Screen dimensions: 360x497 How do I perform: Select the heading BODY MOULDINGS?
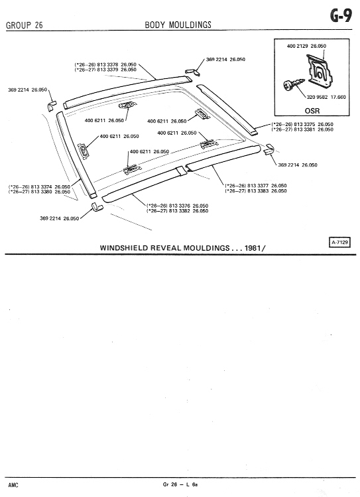[x=178, y=25]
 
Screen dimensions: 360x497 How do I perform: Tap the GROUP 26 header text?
[x=25, y=25]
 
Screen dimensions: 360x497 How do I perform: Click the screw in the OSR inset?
[x=294, y=85]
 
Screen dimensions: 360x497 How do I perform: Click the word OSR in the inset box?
[x=312, y=111]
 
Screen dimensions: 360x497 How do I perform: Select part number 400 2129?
[x=298, y=46]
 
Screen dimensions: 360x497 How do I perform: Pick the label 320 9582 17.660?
[x=326, y=97]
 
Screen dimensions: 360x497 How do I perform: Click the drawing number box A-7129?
[x=339, y=243]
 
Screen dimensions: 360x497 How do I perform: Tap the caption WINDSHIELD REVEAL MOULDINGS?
[x=164, y=248]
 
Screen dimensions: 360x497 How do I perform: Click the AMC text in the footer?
[x=13, y=485]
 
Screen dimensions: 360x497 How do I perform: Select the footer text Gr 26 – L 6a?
[x=180, y=484]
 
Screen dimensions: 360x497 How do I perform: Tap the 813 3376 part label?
[x=180, y=206]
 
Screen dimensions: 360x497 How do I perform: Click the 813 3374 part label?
[x=42, y=187]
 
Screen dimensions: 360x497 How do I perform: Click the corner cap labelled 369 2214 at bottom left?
[x=96, y=207]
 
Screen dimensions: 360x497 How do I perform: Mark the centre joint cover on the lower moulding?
[x=181, y=171]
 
